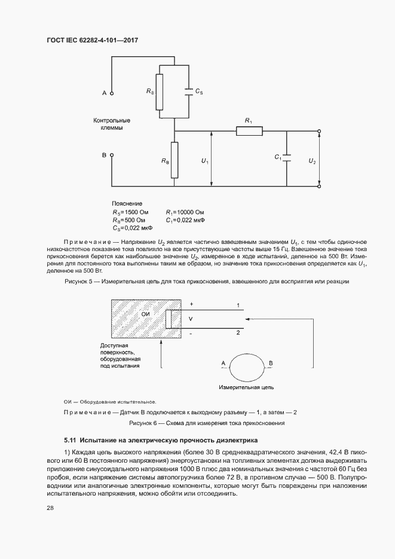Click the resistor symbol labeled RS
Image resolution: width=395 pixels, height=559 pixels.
click(160, 92)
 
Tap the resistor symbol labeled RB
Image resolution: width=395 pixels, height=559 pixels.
click(174, 160)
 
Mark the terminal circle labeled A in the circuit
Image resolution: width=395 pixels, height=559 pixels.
click(111, 93)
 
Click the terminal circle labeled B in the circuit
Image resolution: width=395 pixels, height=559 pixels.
click(111, 155)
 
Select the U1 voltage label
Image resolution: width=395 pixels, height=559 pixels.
click(204, 161)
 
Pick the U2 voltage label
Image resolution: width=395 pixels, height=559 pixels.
click(312, 161)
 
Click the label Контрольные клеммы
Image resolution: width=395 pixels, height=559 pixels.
click(112, 124)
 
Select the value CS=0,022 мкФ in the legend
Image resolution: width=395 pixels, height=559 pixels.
click(132, 228)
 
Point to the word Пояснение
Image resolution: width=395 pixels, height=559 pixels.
click(127, 204)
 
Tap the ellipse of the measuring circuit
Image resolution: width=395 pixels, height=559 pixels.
click(246, 365)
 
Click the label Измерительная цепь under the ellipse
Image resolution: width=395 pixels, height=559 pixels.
click(247, 388)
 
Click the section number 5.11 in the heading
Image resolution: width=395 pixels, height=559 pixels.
click(71, 439)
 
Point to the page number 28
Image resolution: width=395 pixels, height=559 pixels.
click(50, 508)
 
